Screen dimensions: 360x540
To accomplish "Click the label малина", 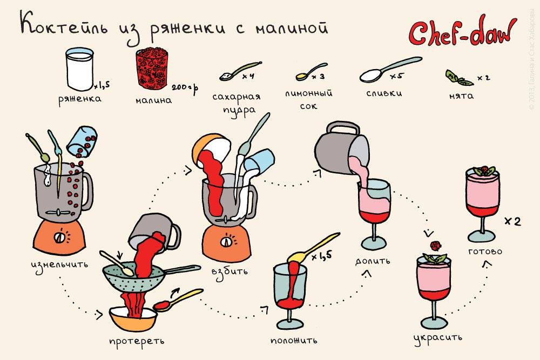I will pyautogui.click(x=154, y=100).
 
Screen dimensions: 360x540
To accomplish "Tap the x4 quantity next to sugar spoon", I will pyautogui.click(x=248, y=77).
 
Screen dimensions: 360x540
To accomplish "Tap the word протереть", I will pyautogui.click(x=136, y=341).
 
